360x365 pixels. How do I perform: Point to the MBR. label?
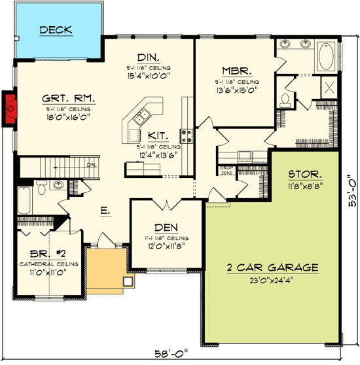point(234,71)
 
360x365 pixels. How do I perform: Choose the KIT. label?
point(156,135)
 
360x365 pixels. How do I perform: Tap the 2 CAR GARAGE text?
point(273,268)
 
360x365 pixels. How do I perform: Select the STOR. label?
point(305,175)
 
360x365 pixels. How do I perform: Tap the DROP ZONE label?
point(226,170)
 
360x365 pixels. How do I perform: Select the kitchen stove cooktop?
point(187,135)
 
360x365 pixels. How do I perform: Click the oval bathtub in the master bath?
point(326,58)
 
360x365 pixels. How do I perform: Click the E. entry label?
point(104,211)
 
